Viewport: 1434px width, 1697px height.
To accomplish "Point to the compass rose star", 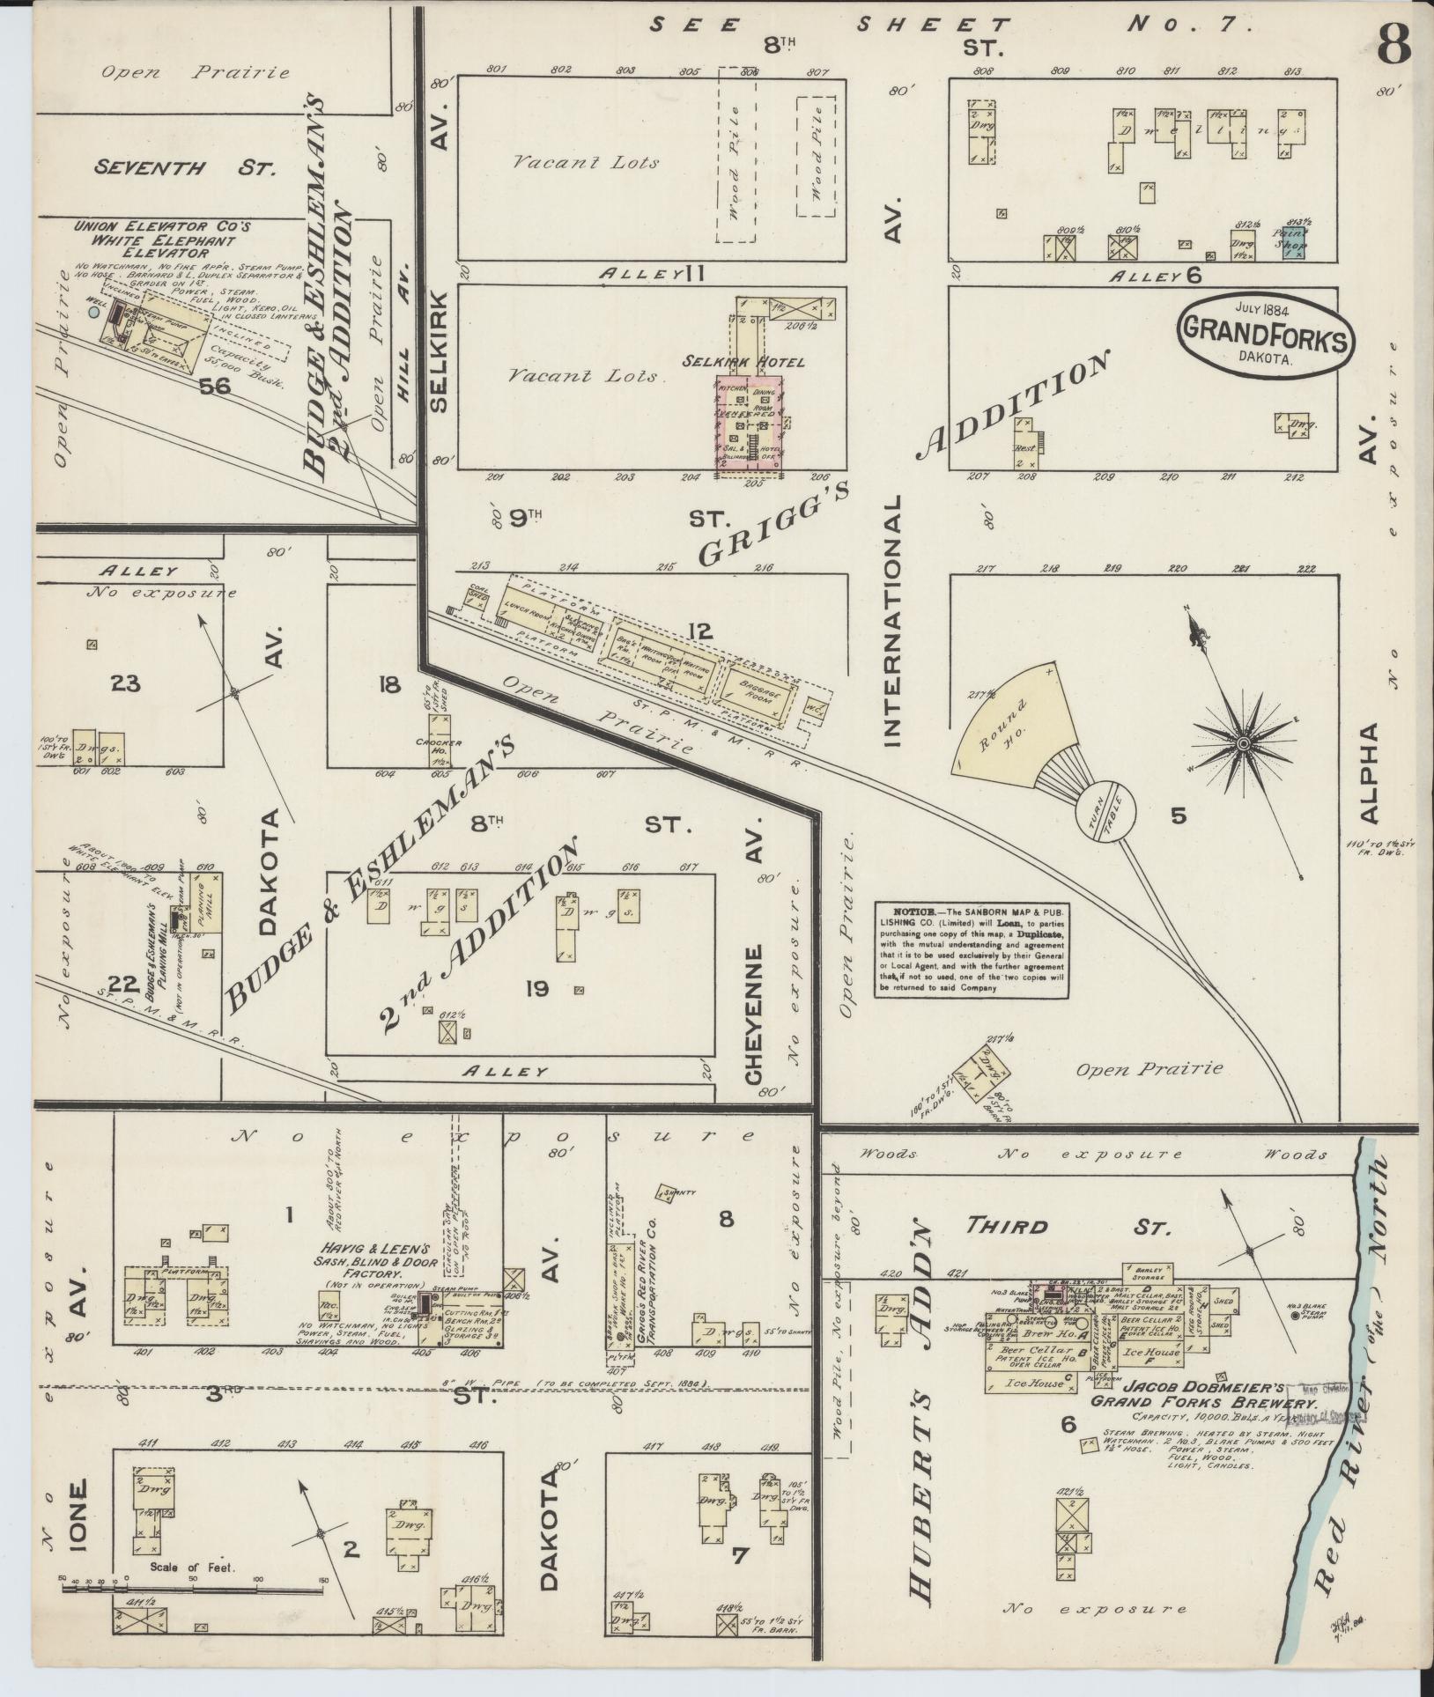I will tap(1243, 744).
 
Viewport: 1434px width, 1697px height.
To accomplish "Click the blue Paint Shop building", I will tap(1292, 241).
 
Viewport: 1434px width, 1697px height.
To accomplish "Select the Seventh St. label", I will tap(186, 166).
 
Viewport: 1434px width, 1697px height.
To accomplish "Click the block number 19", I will tap(536, 989).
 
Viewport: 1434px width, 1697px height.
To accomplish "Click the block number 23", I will tap(126, 682).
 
